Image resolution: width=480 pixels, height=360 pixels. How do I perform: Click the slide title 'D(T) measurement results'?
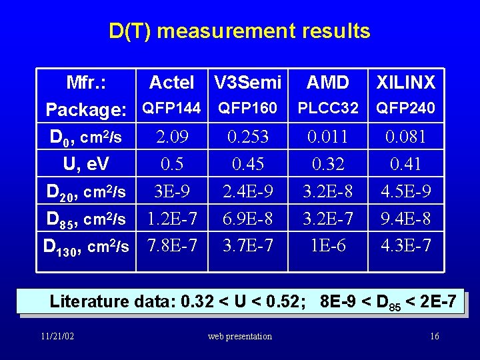(x=239, y=31)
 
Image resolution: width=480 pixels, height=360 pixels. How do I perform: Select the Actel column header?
(x=171, y=83)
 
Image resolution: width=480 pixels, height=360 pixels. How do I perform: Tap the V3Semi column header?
(x=247, y=83)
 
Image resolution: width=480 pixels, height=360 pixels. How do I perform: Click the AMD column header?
(x=327, y=83)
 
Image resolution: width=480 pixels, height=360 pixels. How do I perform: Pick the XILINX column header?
(x=405, y=83)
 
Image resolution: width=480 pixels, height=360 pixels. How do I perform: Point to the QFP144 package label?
(x=171, y=108)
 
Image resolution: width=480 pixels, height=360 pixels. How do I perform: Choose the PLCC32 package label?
(x=327, y=108)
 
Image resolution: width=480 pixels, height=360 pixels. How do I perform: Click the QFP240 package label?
(x=405, y=108)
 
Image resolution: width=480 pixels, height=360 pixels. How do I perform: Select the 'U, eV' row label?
(x=86, y=164)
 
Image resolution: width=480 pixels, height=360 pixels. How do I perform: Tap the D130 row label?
(x=86, y=246)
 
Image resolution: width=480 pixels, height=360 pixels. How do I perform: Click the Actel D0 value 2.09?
(x=171, y=137)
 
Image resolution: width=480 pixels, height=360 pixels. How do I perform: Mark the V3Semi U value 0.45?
(x=247, y=164)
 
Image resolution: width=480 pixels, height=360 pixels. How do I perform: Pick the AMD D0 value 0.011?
(x=327, y=137)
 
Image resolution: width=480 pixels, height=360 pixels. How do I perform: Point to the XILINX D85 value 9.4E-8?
(x=405, y=219)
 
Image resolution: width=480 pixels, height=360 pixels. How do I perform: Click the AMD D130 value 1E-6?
(x=327, y=246)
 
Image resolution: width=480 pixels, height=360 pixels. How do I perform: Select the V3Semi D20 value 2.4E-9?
(x=247, y=192)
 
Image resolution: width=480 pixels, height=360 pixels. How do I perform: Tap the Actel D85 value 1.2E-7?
(x=171, y=219)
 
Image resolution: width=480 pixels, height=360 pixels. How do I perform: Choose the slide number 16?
(x=434, y=336)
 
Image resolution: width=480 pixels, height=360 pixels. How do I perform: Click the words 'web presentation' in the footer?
(x=239, y=336)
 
